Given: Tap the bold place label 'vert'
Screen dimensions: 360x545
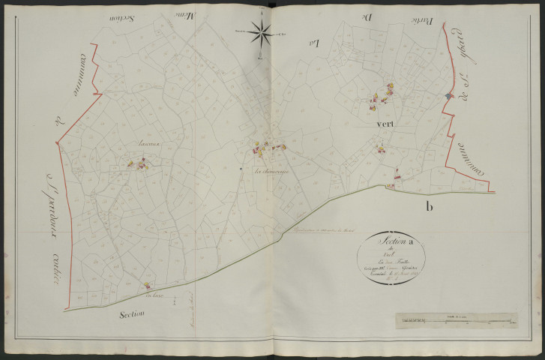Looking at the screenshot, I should pos(382,123).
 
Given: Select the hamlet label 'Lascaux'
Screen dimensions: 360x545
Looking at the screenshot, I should pos(141,142).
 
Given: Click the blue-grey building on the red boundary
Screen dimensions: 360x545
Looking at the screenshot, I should pos(448,97).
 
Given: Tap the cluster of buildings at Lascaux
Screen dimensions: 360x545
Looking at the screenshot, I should pos(140,162).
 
